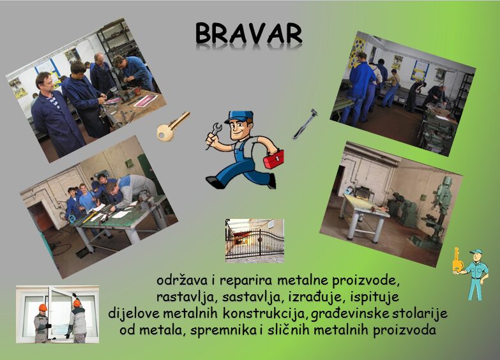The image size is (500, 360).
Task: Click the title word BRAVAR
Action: pyautogui.click(x=249, y=33)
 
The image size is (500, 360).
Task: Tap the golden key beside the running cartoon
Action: pyautogui.click(x=172, y=127)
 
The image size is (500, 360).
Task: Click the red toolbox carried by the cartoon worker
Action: pyautogui.click(x=273, y=158)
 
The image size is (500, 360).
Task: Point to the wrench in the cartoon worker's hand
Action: pyautogui.click(x=213, y=135)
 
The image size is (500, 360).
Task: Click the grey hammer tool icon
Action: pyautogui.click(x=305, y=124)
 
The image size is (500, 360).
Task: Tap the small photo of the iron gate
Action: pyautogui.click(x=254, y=241)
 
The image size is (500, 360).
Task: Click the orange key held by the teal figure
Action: pyautogui.click(x=457, y=260)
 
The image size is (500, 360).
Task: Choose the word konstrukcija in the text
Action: pyautogui.click(x=265, y=314)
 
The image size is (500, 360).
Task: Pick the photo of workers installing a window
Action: pyautogui.click(x=57, y=314)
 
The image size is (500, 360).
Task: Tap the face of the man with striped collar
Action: pyautogui.click(x=45, y=83)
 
